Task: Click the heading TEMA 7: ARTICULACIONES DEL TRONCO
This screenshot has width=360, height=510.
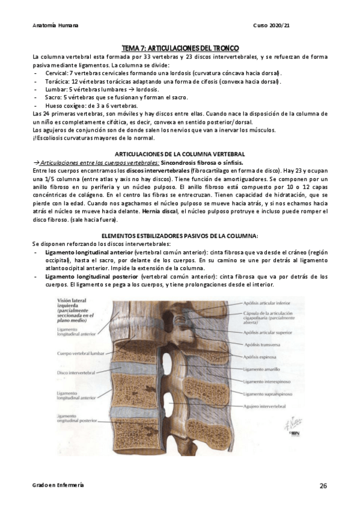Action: click(x=180, y=48)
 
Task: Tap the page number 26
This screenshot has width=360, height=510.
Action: click(x=323, y=485)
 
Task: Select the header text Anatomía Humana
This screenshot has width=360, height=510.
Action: click(x=56, y=26)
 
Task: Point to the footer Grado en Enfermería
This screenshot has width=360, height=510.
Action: click(x=58, y=485)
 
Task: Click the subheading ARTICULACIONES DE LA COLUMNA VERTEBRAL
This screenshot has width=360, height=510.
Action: click(x=180, y=155)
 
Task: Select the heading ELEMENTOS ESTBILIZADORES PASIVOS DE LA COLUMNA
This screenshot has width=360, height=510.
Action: click(x=180, y=235)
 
